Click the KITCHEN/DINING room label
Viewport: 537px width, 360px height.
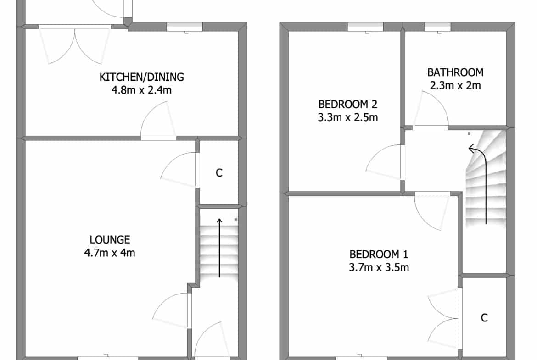click(x=141, y=77)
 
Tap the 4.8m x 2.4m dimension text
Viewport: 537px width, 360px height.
click(x=141, y=90)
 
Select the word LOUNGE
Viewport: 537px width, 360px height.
click(x=110, y=239)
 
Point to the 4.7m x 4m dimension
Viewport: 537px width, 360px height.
click(x=110, y=253)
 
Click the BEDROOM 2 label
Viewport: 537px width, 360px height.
click(x=348, y=104)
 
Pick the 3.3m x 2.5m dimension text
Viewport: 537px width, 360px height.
click(x=348, y=117)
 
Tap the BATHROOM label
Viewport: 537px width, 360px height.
click(x=455, y=72)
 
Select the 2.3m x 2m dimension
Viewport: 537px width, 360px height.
click(x=455, y=85)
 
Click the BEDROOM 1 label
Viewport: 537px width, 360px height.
click(x=379, y=254)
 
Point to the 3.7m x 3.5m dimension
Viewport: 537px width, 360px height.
click(x=379, y=267)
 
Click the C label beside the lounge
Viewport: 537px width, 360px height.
click(x=219, y=173)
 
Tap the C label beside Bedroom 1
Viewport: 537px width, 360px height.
click(x=484, y=318)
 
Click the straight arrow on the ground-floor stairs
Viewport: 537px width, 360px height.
click(x=219, y=248)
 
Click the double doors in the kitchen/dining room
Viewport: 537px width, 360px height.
click(x=75, y=44)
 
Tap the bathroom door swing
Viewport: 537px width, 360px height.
click(x=430, y=110)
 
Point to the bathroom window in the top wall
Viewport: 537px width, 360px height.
click(x=438, y=27)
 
